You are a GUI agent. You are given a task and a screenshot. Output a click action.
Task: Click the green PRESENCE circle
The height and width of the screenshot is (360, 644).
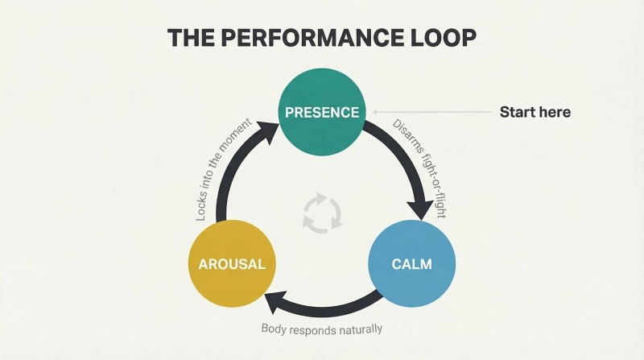tap(321, 112)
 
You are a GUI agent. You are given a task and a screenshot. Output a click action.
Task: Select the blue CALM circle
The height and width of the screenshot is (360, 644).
tap(411, 263)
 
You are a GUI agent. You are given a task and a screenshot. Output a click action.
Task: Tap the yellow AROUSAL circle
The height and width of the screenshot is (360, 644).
tap(232, 263)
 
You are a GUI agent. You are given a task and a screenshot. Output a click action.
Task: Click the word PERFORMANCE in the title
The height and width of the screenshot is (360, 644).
tap(312, 38)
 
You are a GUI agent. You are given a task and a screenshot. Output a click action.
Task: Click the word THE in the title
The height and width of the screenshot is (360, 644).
tap(191, 38)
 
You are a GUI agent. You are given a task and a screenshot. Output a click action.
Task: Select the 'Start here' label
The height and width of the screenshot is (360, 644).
tap(535, 112)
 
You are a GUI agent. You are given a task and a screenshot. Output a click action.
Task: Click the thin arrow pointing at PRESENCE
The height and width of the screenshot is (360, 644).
tap(432, 112)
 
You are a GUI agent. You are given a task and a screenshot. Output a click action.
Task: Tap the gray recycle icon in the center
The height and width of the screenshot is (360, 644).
tap(322, 213)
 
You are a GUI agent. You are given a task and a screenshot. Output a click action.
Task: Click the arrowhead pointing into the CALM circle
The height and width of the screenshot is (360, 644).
tap(420, 209)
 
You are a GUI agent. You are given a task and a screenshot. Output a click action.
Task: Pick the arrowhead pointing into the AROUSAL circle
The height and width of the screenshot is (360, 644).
tap(276, 302)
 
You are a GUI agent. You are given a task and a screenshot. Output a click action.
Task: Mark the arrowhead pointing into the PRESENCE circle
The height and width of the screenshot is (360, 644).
tap(268, 130)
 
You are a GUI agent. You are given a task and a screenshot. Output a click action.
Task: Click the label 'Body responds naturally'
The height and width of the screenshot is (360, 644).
tap(322, 329)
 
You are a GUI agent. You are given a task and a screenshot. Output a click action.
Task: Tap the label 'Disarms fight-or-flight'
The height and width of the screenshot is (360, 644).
tap(419, 168)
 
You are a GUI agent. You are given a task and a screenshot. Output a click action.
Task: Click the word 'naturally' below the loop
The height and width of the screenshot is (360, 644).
tap(361, 329)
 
